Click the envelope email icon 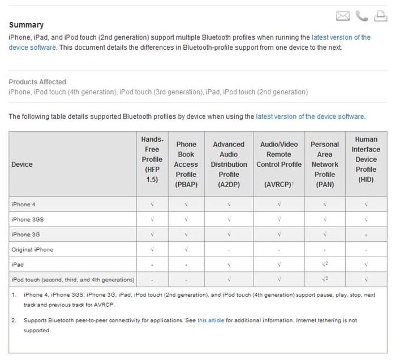[x=343, y=16]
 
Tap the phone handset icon [x=362, y=16]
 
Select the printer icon [x=380, y=16]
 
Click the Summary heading [x=26, y=25]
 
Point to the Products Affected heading [x=37, y=82]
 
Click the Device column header [x=22, y=164]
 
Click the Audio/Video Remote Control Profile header [x=279, y=159]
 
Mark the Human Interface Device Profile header [x=366, y=159]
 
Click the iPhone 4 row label [x=24, y=204]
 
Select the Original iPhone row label [x=32, y=249]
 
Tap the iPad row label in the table [x=17, y=264]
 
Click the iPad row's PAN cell [x=325, y=264]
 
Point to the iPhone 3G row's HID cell [x=366, y=234]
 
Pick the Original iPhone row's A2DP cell [x=229, y=249]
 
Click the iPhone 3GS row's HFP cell [x=152, y=219]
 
